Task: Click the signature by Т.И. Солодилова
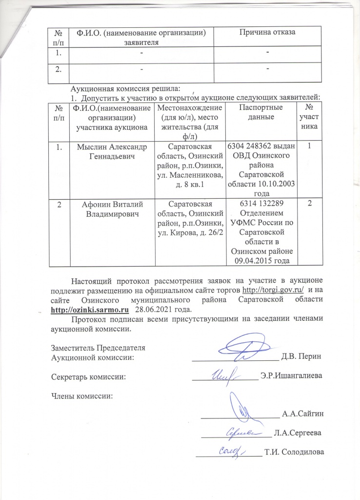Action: [228, 450]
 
